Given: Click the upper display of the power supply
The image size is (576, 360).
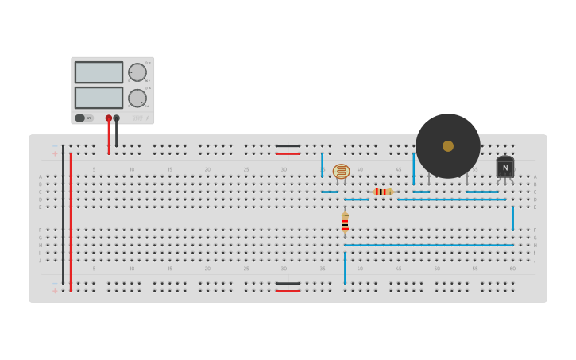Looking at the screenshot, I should tap(99, 72).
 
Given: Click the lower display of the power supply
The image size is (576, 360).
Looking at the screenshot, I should tap(99, 98).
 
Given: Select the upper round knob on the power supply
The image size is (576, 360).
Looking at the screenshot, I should tap(137, 72).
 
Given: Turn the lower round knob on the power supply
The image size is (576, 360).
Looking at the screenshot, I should tap(137, 99).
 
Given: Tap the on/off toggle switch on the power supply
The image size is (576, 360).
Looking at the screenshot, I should tap(80, 118).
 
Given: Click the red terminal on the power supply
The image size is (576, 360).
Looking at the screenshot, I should tap(109, 118).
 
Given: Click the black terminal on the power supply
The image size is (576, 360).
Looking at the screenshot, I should tap(117, 118).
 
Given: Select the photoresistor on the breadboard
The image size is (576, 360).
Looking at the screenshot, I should tap(342, 171).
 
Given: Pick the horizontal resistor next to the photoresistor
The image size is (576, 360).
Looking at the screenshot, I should tap(383, 192).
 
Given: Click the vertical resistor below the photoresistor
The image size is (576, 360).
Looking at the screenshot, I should tap(345, 223).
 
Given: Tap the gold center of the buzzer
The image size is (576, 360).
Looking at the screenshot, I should tap(448, 146).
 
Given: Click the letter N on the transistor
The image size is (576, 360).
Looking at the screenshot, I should tap(505, 167).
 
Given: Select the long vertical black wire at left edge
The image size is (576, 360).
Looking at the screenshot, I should tap(63, 215).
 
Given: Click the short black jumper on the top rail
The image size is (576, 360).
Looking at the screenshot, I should tap(288, 145).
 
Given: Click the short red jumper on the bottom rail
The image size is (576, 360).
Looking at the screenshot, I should tap(288, 291).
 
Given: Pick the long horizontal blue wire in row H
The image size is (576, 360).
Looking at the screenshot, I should tap(429, 245).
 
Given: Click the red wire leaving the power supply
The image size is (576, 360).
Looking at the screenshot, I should tap(109, 137).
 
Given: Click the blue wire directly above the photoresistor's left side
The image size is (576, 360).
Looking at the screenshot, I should tap(323, 165).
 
